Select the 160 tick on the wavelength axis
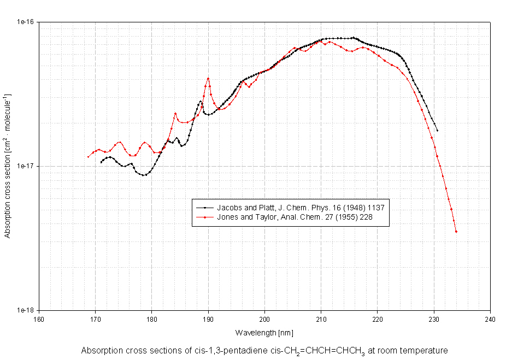click(39, 319)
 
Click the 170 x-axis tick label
click(95, 319)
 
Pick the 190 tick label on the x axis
click(208, 319)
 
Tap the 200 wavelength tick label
click(264, 319)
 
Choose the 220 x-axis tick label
click(378, 319)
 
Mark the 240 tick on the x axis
click(490, 319)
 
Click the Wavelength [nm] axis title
click(264, 332)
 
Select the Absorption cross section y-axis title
click(8, 166)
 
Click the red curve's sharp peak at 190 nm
click(208, 78)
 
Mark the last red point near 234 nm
click(456, 232)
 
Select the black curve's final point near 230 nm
click(437, 131)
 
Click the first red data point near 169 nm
click(88, 157)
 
